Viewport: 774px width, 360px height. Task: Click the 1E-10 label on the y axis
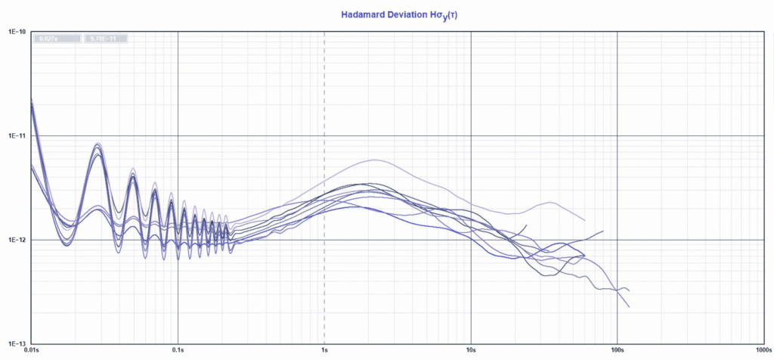17,33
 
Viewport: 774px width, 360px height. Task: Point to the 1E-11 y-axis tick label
17,136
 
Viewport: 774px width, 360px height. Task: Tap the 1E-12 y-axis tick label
17,240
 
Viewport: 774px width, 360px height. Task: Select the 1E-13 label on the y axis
17,343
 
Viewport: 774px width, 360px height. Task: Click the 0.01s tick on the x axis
32,351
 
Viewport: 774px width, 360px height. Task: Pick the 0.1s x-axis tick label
178,351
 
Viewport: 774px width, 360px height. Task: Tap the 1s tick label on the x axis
325,351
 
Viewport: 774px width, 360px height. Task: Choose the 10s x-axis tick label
471,351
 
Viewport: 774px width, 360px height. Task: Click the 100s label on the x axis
618,351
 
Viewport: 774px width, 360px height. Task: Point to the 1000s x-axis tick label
762,351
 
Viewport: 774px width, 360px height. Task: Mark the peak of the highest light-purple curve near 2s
374,160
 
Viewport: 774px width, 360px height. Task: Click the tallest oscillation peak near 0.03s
97,144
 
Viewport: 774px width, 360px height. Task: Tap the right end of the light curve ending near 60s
585,220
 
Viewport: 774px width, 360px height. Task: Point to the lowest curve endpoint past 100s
629,307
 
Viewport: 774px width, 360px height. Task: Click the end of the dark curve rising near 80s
603,231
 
